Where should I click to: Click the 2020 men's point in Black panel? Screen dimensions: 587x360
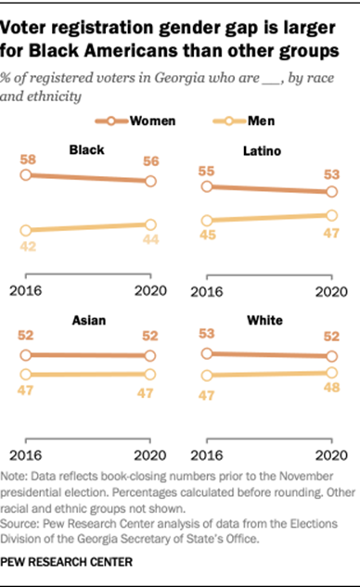coord(150,223)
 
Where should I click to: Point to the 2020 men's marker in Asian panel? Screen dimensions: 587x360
coord(150,375)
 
